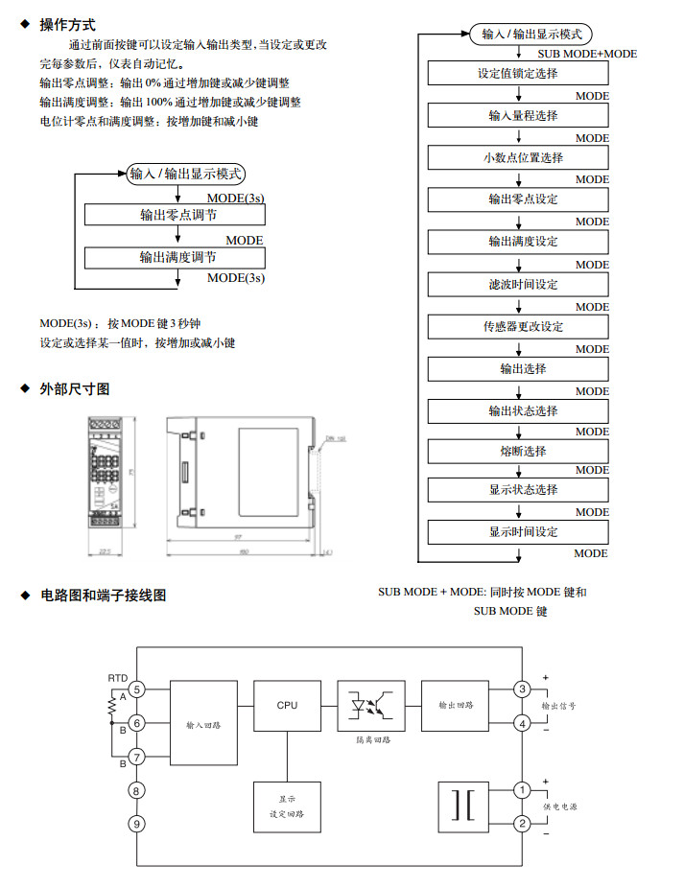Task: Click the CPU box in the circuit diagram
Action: coord(287,707)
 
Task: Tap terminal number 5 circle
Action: coord(137,689)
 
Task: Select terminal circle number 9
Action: coord(137,823)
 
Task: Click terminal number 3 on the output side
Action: coord(522,689)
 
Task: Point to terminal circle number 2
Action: coord(522,823)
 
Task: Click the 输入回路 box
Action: coord(203,725)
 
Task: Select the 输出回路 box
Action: coord(455,707)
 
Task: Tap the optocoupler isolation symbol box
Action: coord(366,707)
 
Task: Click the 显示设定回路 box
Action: coord(287,806)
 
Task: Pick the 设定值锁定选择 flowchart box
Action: coord(518,74)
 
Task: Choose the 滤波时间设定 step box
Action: coord(518,285)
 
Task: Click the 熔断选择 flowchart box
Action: coord(518,451)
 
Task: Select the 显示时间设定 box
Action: coord(518,532)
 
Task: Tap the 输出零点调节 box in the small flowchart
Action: coord(178,215)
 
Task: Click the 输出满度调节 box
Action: coord(178,257)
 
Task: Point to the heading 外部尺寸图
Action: coord(75,389)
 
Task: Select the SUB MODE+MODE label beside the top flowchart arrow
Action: coord(587,55)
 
